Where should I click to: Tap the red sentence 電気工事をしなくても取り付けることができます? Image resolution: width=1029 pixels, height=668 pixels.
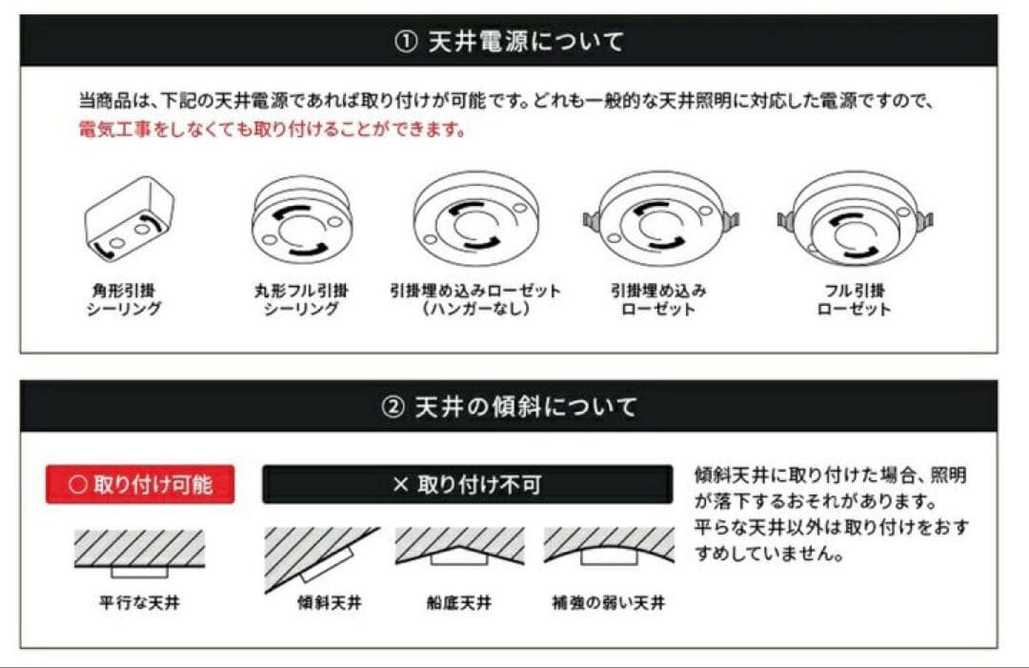coord(272,130)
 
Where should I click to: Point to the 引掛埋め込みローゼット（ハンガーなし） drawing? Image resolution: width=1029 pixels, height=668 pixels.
coord(474,221)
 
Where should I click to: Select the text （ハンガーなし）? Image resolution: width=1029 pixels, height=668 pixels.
coord(474,310)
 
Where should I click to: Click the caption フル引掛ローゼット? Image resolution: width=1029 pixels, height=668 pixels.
coord(854,299)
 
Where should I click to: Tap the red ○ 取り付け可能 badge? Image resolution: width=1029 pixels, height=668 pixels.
coord(140,484)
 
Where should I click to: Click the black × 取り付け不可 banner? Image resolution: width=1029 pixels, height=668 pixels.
coord(467,485)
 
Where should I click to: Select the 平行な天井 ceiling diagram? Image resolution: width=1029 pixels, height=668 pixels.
coord(139,552)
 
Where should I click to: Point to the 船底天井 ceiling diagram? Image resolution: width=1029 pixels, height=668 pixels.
coord(459,547)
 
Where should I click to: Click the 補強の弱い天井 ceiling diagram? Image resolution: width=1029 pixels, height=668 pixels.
coord(609,547)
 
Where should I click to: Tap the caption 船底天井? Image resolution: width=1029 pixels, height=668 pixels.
coord(459,603)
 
